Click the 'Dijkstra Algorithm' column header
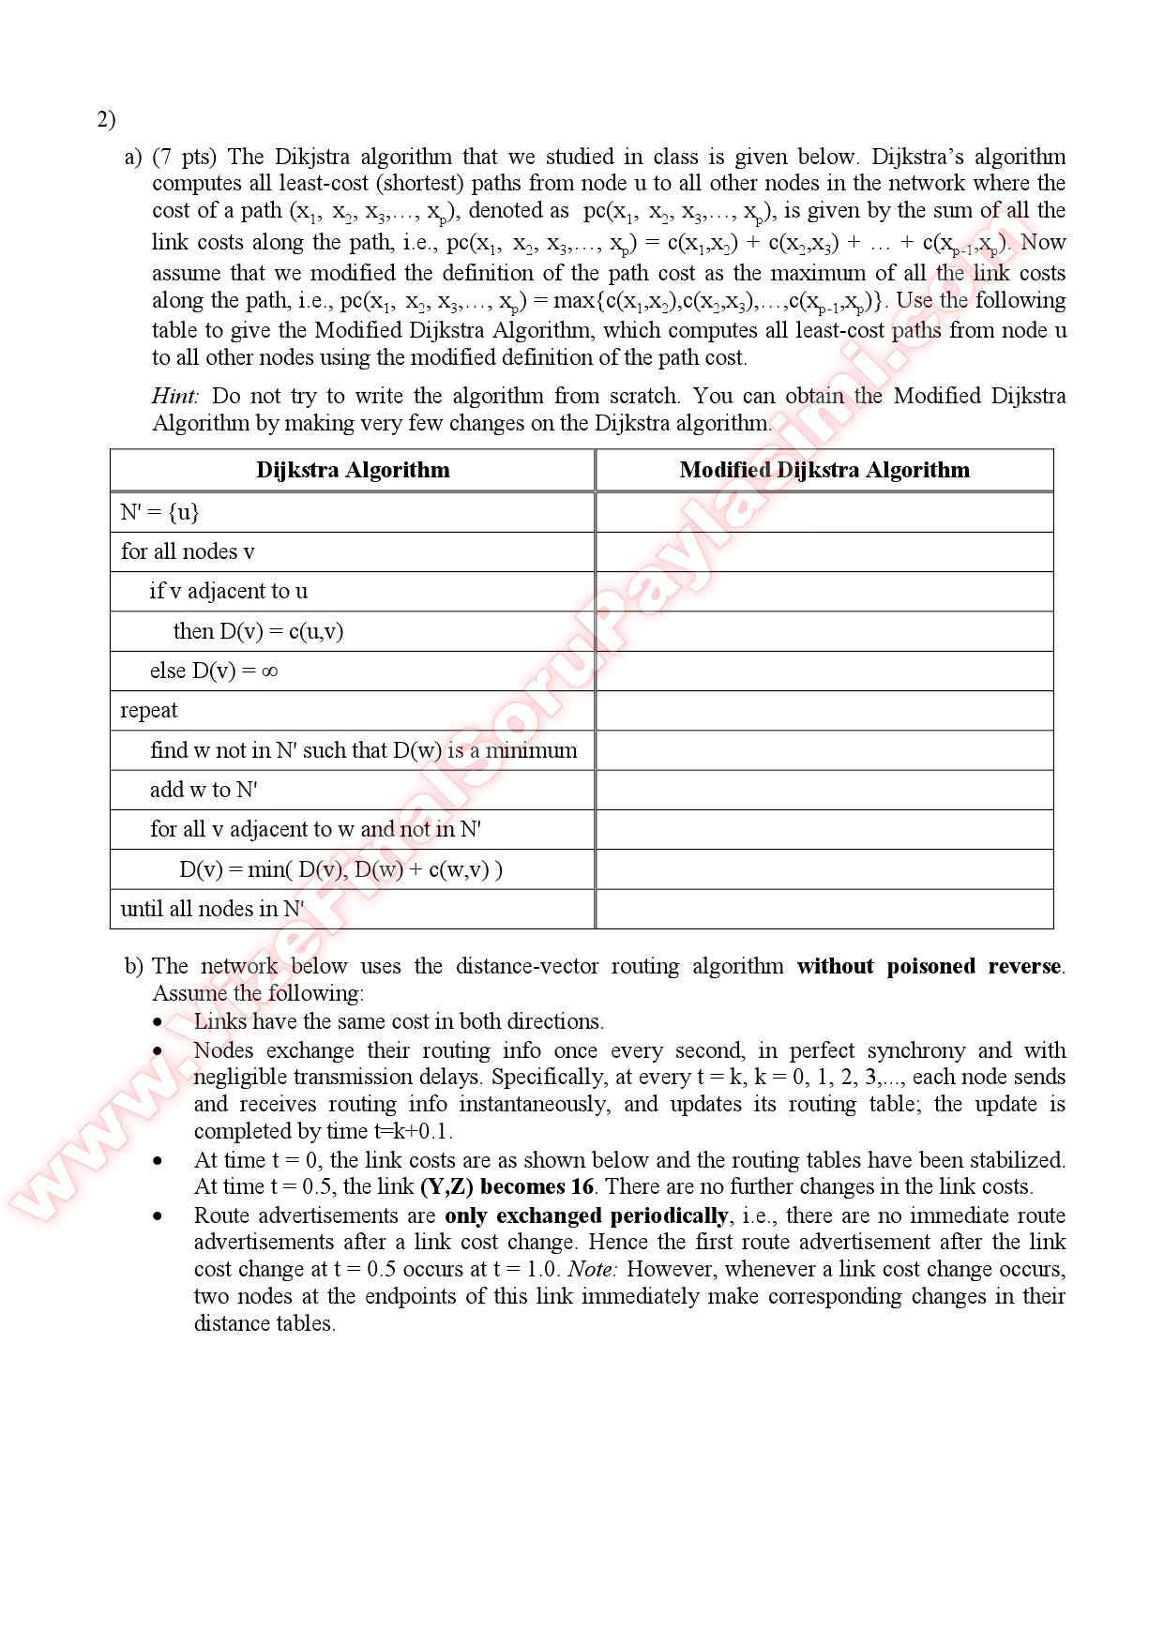(353, 470)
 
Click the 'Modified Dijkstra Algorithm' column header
(824, 470)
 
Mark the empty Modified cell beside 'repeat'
(824, 710)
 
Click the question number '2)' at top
(106, 119)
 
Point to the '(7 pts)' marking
(184, 157)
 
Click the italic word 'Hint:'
(175, 396)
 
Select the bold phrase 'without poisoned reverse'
(929, 966)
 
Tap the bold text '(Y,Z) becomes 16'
(506, 1186)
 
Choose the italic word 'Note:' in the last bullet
(591, 1269)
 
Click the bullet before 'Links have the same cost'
(159, 1022)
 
